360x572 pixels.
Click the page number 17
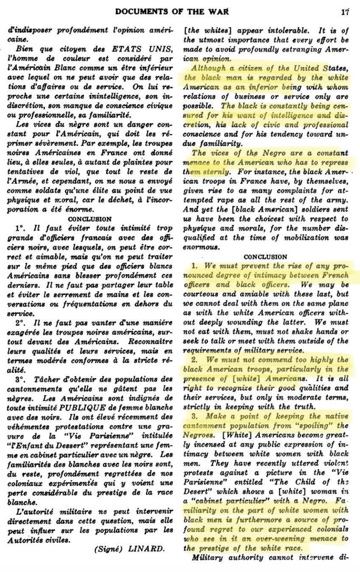pyautogui.click(x=344, y=12)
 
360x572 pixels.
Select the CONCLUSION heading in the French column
pyautogui.click(x=90, y=219)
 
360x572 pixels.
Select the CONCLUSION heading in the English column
pyautogui.click(x=265, y=256)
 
